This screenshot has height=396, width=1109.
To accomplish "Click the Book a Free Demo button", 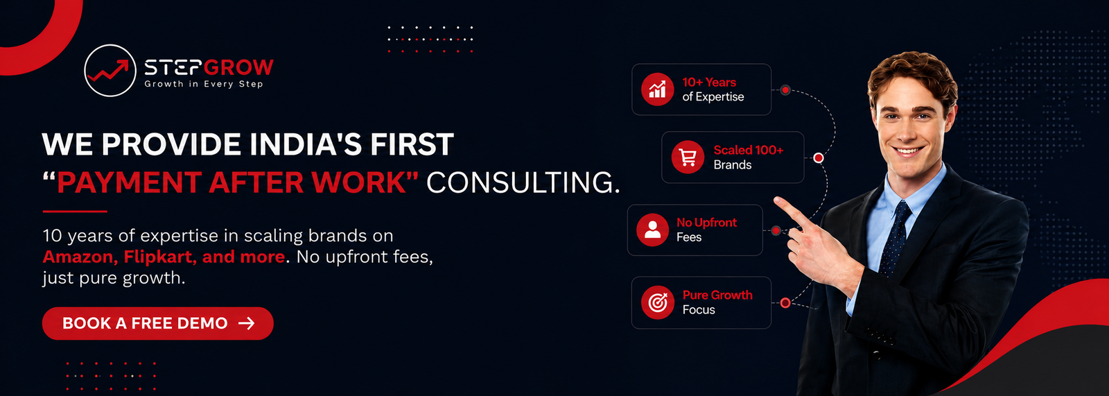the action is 158,323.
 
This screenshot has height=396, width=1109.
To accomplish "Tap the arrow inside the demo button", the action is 247,324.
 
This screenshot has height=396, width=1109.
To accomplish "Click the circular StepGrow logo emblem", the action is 110,70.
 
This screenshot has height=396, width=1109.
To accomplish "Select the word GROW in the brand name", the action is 238,67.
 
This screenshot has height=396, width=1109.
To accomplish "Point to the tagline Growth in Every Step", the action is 204,84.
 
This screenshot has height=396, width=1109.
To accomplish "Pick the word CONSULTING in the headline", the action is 523,182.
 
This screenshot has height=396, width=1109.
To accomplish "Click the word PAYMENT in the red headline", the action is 129,182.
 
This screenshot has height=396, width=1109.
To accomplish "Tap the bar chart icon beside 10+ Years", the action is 658,89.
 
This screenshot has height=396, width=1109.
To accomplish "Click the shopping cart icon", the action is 688,157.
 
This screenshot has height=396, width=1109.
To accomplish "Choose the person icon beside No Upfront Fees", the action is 652,230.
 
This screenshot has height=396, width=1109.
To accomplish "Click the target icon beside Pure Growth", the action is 658,302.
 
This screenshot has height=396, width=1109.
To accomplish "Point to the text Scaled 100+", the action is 749,150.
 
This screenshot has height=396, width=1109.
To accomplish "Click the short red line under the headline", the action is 75,211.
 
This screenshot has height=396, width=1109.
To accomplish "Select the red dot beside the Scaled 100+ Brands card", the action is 819,157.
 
